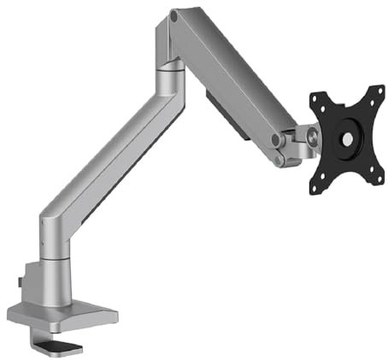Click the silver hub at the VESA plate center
pyautogui.click(x=348, y=138)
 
